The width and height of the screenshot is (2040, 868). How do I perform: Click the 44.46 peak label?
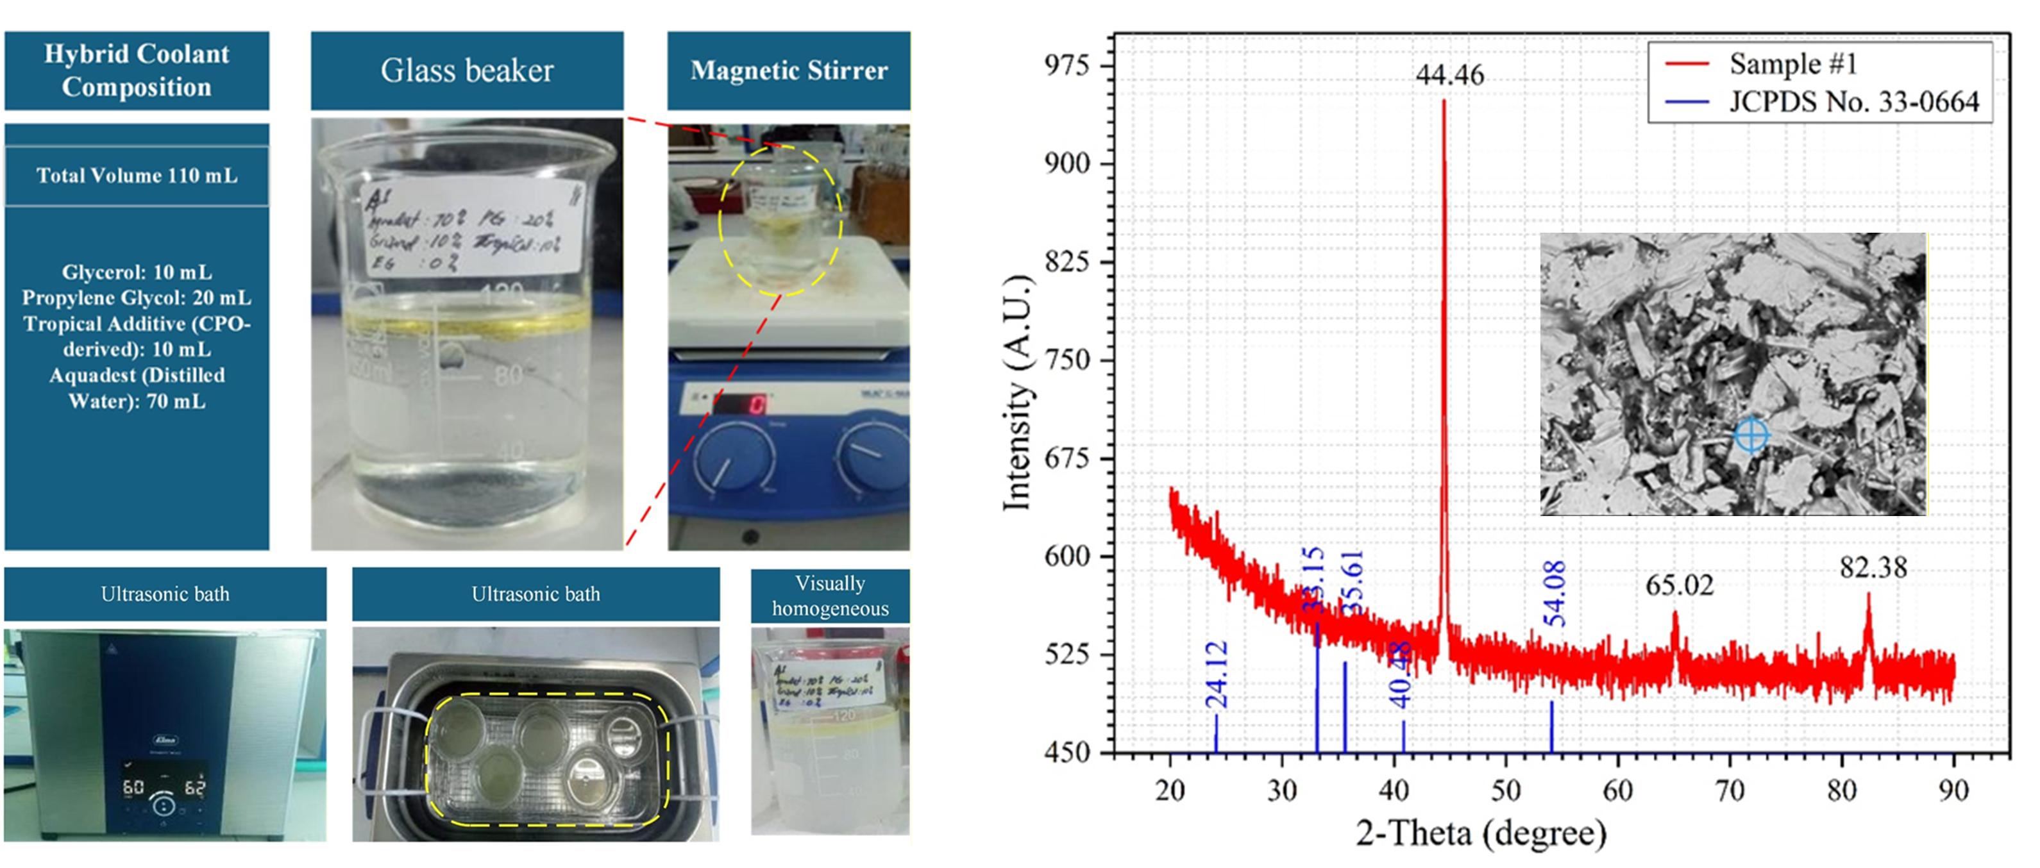pos(1449,74)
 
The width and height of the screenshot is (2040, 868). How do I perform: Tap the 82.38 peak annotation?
pos(1873,567)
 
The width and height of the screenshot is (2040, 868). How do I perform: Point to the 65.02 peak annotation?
pos(1679,585)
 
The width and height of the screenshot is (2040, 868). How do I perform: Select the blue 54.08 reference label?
pos(1555,593)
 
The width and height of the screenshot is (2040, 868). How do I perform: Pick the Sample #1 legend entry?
pos(1792,63)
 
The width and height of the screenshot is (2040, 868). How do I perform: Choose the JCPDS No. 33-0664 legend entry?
pos(1853,101)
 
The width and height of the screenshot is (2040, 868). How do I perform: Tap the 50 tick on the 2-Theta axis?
pos(1505,790)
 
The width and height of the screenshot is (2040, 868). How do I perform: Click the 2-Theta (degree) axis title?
pos(1481,833)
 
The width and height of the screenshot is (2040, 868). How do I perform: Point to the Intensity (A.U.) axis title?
pos(1017,394)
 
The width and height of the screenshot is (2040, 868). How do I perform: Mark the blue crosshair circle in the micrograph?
pos(1751,435)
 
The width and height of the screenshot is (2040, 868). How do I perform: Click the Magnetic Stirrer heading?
pos(789,71)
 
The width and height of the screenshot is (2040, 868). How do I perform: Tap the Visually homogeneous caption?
pos(830,596)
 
